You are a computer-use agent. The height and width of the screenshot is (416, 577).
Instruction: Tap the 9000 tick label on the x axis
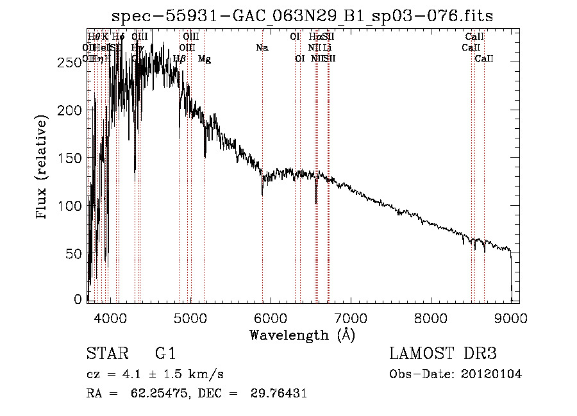(x=511, y=316)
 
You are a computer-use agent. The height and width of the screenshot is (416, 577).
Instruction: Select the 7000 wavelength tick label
(x=351, y=316)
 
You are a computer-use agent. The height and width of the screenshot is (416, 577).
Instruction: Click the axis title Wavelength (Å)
(x=302, y=335)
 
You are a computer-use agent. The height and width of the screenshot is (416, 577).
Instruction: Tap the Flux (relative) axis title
(x=43, y=168)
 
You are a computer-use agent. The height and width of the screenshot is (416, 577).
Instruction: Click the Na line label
(x=262, y=47)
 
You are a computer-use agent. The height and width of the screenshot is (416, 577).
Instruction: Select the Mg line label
(x=205, y=59)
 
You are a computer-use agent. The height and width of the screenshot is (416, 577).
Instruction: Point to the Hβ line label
(x=180, y=59)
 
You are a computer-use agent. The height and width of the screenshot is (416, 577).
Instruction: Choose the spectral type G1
(x=165, y=354)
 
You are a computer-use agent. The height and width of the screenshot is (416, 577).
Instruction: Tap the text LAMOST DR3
(x=442, y=354)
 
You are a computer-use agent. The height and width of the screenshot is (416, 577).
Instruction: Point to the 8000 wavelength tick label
(x=431, y=316)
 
